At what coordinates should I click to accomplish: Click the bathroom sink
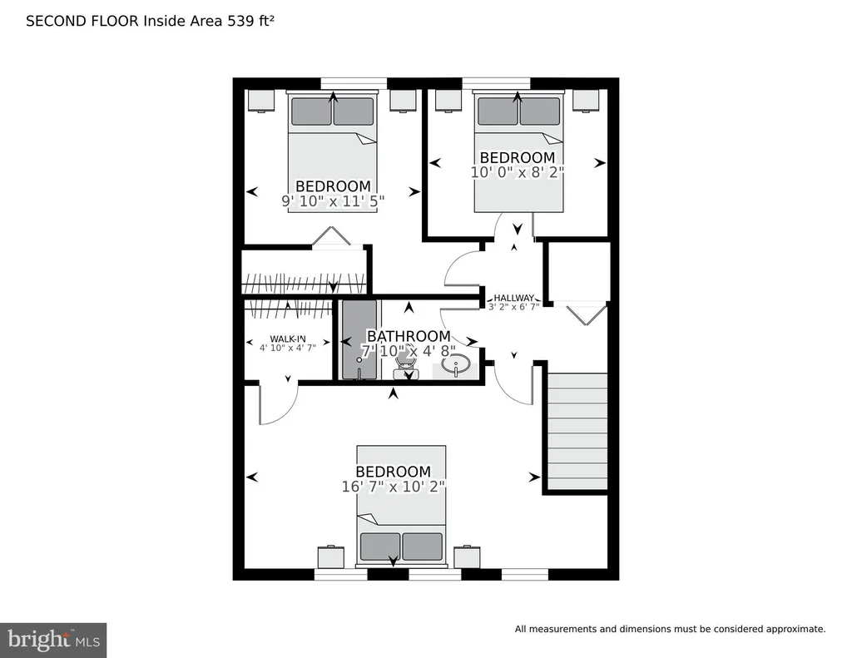coord(455,364)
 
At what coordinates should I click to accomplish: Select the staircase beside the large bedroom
coord(577,432)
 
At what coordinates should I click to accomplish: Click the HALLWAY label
coord(513,298)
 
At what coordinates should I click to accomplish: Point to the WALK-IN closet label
coord(287,339)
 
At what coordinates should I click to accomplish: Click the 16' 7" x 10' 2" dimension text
coord(394,487)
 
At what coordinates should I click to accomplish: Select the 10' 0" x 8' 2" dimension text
coord(518,172)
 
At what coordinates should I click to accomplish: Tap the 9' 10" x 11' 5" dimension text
coord(333,201)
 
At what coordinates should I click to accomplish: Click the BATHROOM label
coord(409,336)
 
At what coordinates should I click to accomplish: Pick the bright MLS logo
coord(53,640)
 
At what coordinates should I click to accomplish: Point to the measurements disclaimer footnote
coord(670,629)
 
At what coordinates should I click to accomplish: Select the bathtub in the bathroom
coord(359,339)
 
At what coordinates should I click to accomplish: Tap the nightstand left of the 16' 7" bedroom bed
coord(331,557)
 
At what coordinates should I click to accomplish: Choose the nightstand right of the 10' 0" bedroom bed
coord(586,101)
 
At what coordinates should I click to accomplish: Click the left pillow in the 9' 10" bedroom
coord(311,111)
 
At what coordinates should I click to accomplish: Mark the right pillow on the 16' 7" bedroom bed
coord(422,547)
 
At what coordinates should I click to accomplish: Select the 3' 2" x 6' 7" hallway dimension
coord(513,306)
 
